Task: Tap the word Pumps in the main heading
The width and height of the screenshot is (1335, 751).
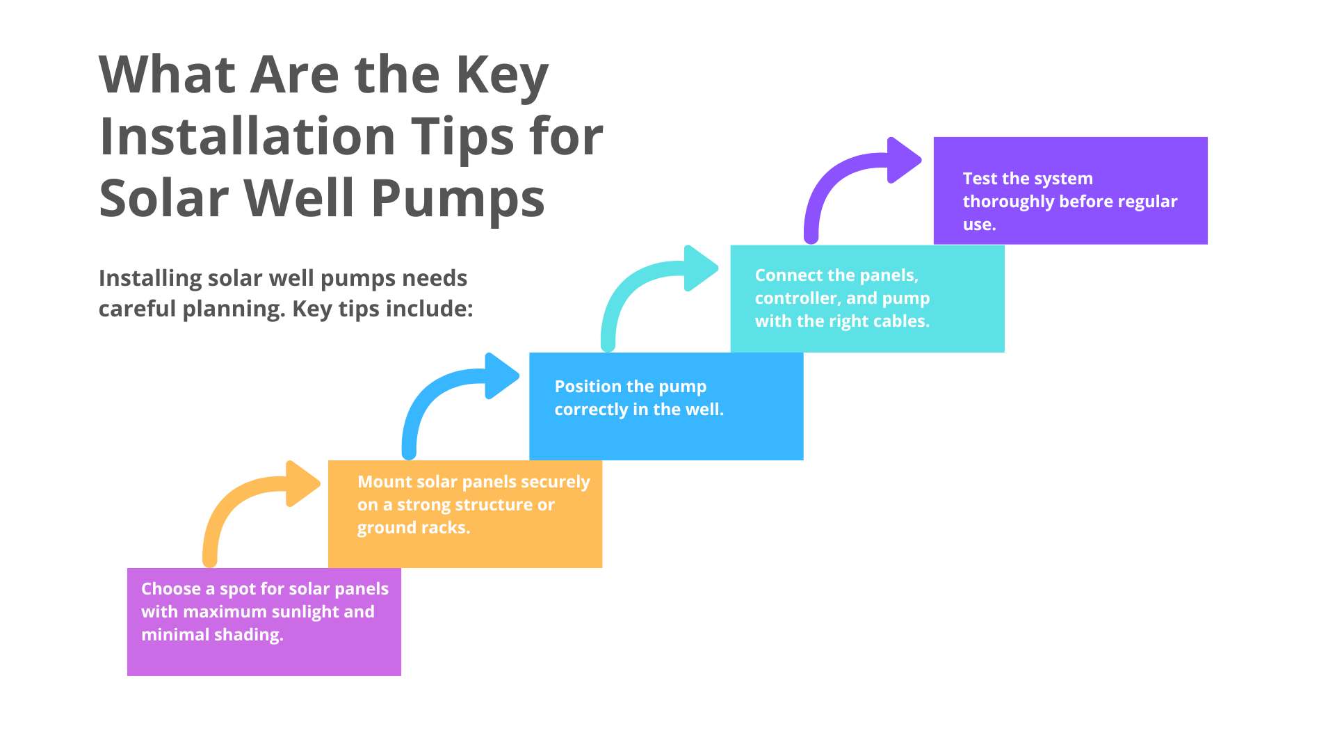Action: [x=458, y=199]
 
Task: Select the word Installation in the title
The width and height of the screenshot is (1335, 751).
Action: [x=248, y=136]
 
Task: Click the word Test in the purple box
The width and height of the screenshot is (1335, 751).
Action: [x=980, y=179]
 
